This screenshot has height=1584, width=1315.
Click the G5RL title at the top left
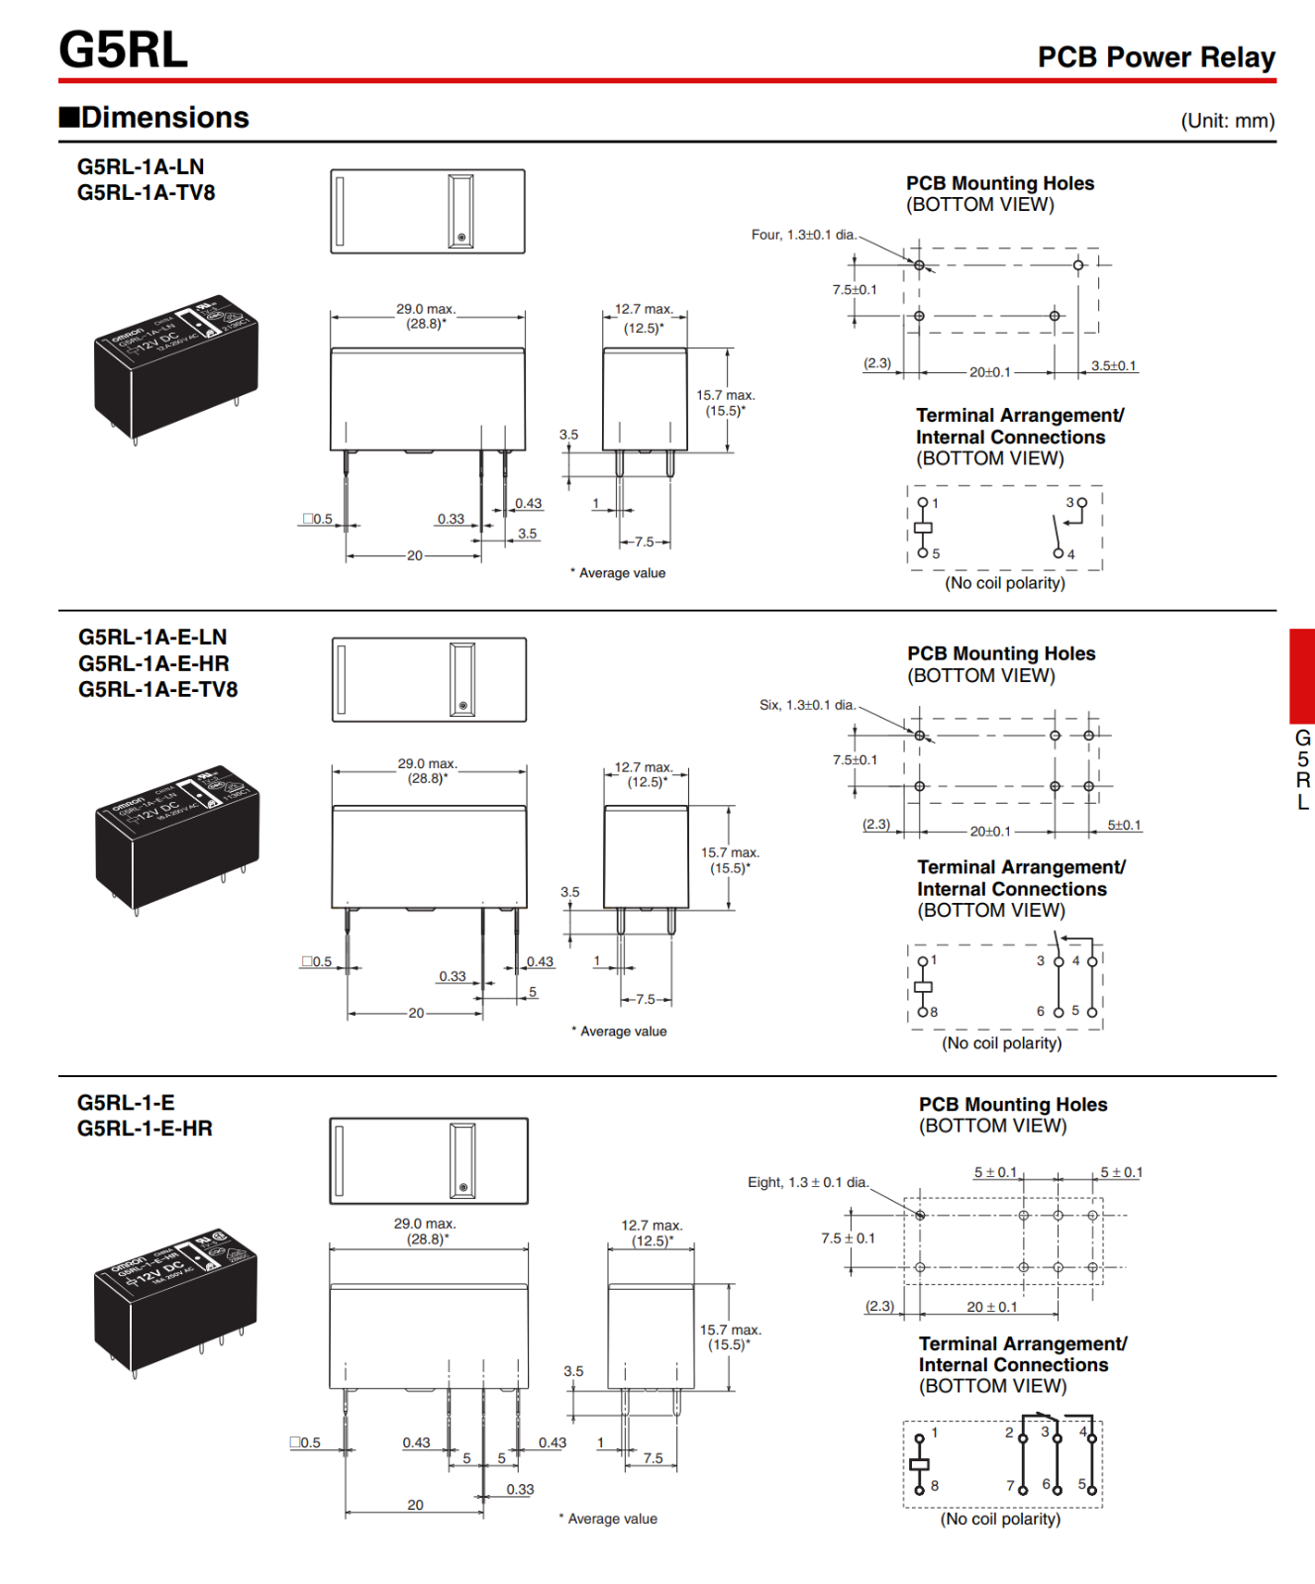tap(123, 49)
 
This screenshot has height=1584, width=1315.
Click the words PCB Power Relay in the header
tap(1156, 57)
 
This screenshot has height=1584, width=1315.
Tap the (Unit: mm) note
tap(1227, 121)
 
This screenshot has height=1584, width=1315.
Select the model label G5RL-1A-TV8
tap(146, 192)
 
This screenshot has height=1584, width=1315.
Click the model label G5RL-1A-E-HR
tap(153, 663)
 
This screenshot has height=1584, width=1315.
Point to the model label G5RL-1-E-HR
tap(145, 1129)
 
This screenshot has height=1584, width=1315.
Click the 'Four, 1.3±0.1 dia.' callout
tap(803, 235)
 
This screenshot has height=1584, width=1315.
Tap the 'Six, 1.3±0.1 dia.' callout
tap(807, 705)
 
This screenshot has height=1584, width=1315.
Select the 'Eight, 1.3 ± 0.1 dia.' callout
tap(807, 1182)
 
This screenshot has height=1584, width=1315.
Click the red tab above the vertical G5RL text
tap(1301, 675)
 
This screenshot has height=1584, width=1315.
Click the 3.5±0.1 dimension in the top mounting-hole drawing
tap(1113, 366)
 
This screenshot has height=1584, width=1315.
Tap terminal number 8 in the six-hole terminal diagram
tap(934, 1012)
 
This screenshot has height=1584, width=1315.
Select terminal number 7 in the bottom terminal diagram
tap(1010, 1485)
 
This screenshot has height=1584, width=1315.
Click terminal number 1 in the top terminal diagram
tap(935, 503)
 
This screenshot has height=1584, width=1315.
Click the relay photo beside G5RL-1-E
tap(175, 1302)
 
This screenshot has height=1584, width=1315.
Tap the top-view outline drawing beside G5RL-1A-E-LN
tap(429, 680)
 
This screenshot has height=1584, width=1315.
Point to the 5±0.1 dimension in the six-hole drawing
tap(1124, 825)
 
